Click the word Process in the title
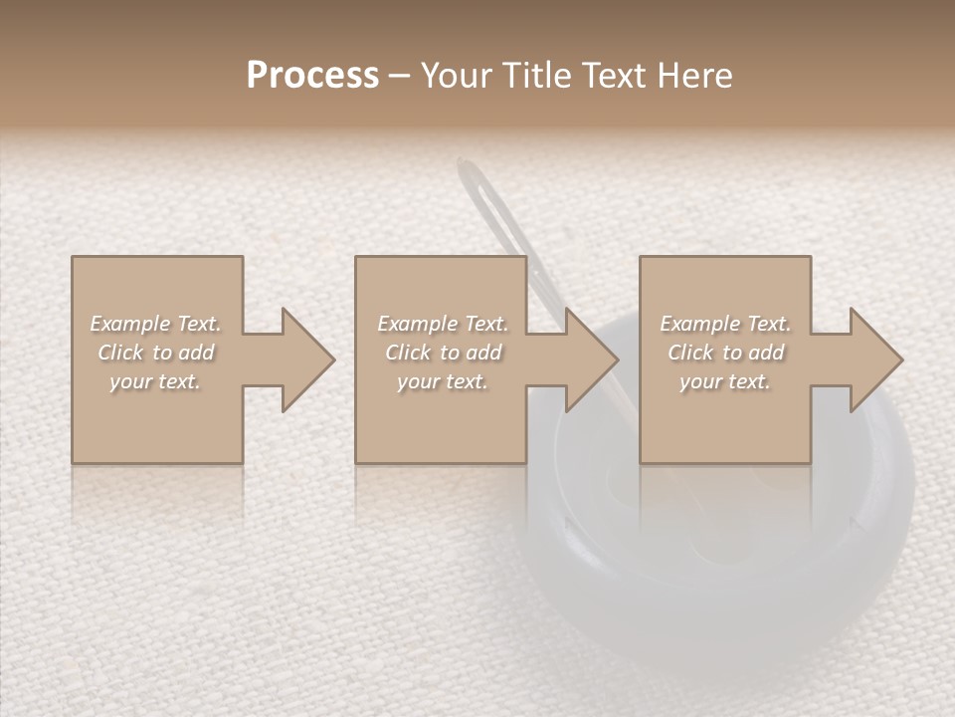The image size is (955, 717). pyautogui.click(x=312, y=76)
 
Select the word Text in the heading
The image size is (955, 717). pyautogui.click(x=612, y=76)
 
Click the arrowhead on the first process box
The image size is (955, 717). pyautogui.click(x=307, y=360)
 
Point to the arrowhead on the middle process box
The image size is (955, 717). pyautogui.click(x=591, y=360)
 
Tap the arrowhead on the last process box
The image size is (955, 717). pyautogui.click(x=874, y=360)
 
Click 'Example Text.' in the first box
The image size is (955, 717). pyautogui.click(x=155, y=324)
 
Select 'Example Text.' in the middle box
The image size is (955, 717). pyautogui.click(x=443, y=324)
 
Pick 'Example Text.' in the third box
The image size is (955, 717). pyautogui.click(x=725, y=324)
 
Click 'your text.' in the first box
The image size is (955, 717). pyautogui.click(x=155, y=381)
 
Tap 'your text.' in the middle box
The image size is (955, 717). pyautogui.click(x=443, y=381)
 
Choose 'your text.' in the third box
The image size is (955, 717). pyautogui.click(x=725, y=381)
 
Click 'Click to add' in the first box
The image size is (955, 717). pyautogui.click(x=155, y=353)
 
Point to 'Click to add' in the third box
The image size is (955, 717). pyautogui.click(x=725, y=353)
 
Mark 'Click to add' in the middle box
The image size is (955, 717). pyautogui.click(x=443, y=353)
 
